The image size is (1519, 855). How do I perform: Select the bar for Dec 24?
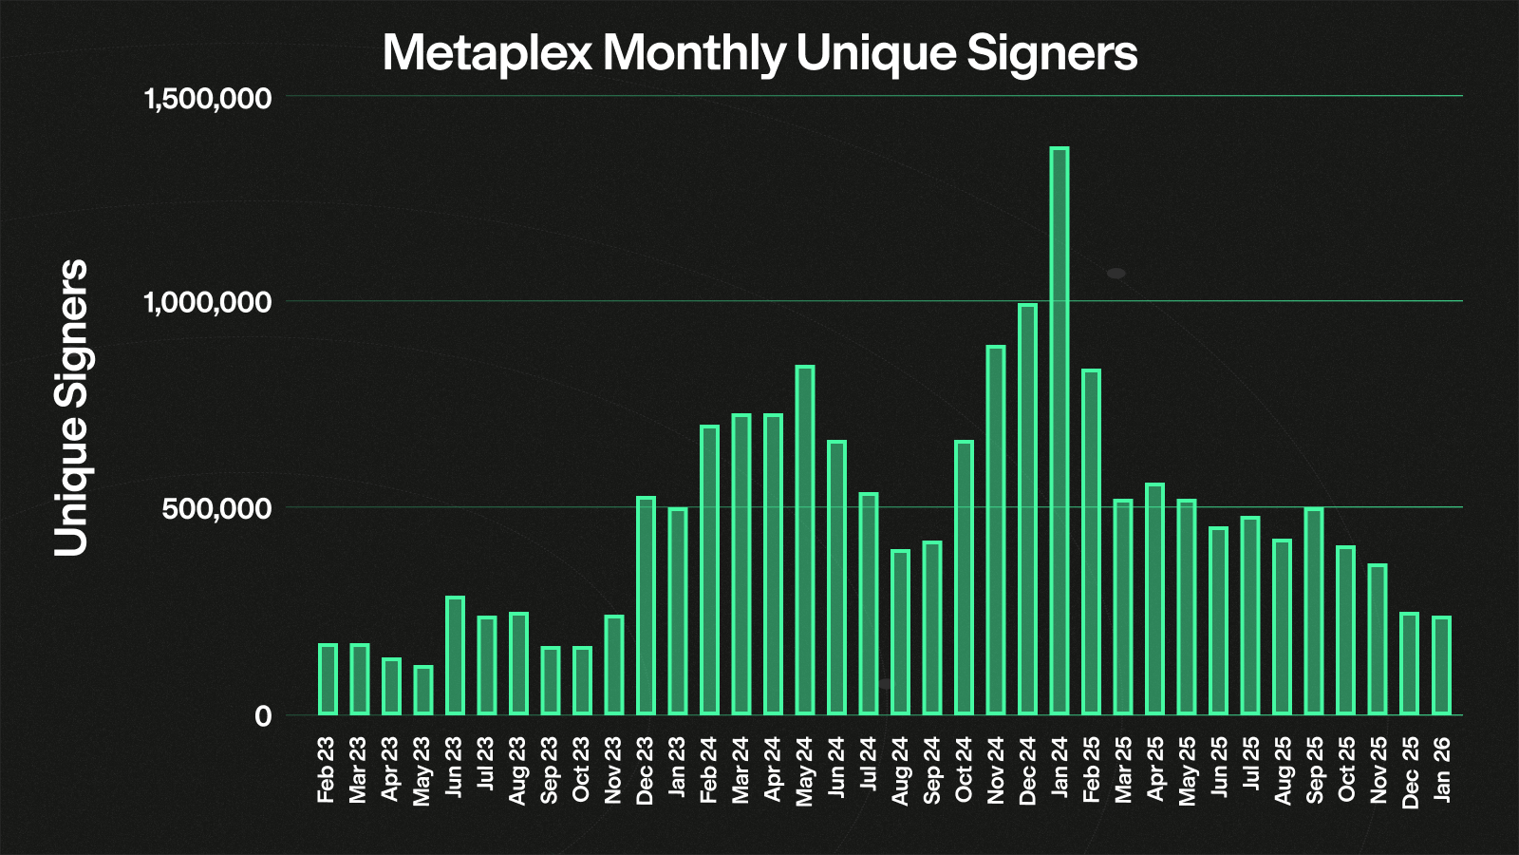click(x=1027, y=509)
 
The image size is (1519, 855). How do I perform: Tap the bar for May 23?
click(x=422, y=691)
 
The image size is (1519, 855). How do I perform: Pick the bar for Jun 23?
click(x=455, y=655)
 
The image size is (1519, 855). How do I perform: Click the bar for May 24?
click(x=805, y=540)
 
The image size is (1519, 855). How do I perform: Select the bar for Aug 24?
click(x=900, y=632)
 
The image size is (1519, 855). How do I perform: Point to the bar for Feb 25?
click(x=1091, y=541)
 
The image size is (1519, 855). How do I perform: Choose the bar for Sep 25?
click(x=1314, y=611)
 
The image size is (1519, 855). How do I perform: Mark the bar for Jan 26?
click(x=1441, y=665)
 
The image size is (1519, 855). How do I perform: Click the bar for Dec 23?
click(x=646, y=605)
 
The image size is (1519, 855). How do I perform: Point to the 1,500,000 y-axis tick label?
click(x=207, y=98)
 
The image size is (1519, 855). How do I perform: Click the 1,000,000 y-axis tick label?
click(x=207, y=303)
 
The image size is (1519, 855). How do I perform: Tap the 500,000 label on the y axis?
click(x=216, y=509)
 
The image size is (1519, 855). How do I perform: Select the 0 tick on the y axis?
click(x=263, y=716)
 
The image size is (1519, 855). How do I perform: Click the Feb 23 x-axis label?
click(x=327, y=769)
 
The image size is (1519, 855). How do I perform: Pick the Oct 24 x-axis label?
click(x=964, y=769)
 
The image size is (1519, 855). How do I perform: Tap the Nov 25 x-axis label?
click(x=1378, y=769)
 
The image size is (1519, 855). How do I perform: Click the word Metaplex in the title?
click(x=488, y=53)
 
